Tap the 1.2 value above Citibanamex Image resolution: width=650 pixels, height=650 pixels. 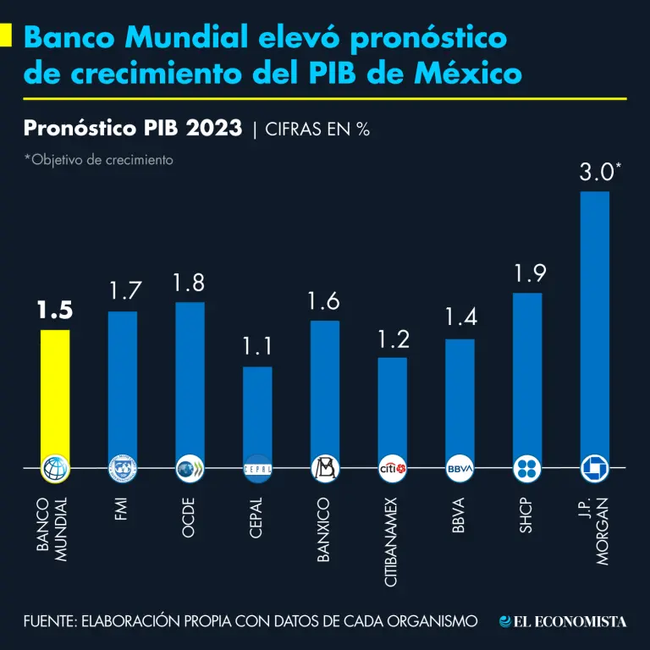392,339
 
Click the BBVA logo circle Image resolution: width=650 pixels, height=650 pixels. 460,468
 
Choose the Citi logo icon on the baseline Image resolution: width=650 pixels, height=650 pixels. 392,468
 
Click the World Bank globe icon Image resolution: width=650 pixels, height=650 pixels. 55,468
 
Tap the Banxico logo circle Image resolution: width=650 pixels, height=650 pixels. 325,468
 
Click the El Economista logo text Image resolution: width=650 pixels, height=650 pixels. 564,622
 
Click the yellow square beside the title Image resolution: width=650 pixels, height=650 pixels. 6,36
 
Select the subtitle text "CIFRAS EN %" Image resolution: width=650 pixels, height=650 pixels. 317,129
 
